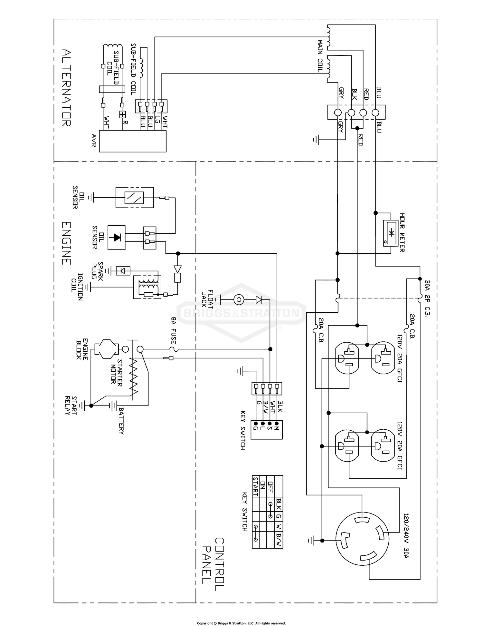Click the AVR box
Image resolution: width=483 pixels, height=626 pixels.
133,141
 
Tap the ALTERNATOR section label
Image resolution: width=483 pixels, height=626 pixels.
66,87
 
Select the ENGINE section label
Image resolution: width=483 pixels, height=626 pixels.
66,243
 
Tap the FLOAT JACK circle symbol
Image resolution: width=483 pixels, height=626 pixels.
239,300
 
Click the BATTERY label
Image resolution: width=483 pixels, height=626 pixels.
121,421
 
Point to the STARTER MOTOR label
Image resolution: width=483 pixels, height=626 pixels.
116,371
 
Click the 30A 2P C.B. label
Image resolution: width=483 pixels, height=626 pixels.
427,298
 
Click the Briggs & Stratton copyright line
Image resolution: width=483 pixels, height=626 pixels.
241,623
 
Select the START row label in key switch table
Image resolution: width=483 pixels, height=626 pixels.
255,487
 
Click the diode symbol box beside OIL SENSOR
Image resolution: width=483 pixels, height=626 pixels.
116,238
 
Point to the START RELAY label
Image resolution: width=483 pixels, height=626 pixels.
71,405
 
